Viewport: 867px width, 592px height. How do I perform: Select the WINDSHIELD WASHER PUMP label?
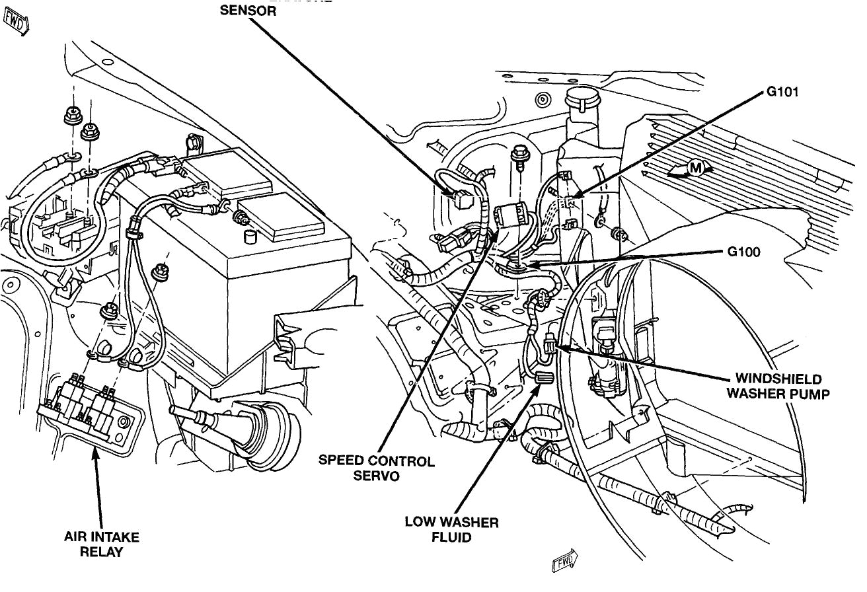778,387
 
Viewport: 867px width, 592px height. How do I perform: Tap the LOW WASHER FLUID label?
451,530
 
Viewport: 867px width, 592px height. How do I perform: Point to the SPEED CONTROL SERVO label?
377,468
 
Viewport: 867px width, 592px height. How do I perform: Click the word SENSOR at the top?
248,11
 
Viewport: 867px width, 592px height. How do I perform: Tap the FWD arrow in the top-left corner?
15,23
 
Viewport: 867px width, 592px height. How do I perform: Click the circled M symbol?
695,168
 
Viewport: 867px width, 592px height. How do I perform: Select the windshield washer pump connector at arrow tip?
548,345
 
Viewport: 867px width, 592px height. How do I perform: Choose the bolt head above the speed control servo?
520,154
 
